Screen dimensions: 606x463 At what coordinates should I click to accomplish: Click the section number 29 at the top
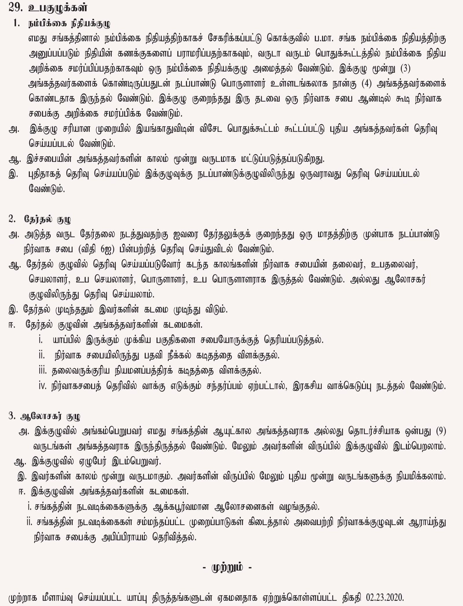[14, 8]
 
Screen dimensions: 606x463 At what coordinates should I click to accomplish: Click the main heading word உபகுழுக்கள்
[57, 8]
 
